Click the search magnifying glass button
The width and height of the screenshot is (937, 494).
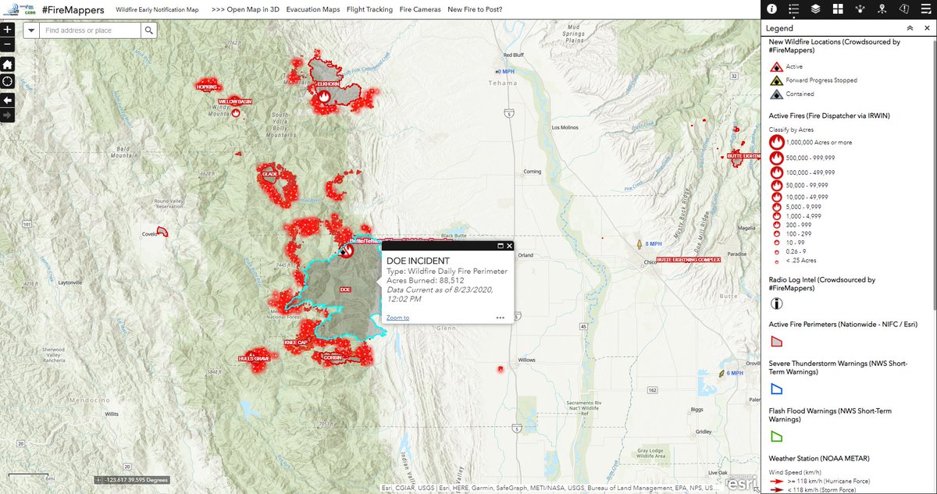(x=148, y=30)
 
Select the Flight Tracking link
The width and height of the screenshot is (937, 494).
(x=369, y=9)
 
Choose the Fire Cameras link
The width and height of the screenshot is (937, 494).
(x=419, y=9)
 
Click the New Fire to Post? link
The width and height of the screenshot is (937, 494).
(x=475, y=9)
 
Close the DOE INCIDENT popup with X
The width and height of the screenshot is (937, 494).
(x=509, y=245)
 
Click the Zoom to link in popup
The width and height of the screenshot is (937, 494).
(x=397, y=318)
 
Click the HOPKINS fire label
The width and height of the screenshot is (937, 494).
(x=207, y=87)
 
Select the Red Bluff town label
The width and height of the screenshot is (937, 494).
(x=515, y=55)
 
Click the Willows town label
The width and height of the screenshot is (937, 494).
(x=527, y=360)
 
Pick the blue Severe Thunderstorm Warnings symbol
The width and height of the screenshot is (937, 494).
(x=777, y=388)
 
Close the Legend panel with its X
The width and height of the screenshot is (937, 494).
(x=926, y=27)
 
